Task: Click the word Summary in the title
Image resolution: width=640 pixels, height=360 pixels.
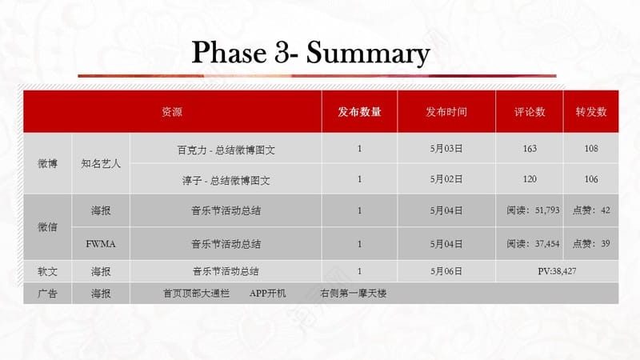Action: (x=368, y=54)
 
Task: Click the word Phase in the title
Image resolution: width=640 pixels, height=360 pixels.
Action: (x=229, y=52)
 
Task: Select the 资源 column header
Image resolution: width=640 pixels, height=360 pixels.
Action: (x=172, y=112)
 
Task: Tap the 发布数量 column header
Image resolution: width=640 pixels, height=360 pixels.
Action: (x=359, y=112)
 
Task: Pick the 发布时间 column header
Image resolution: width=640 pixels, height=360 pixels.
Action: (x=446, y=112)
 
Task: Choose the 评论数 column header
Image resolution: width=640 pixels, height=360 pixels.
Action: (x=530, y=112)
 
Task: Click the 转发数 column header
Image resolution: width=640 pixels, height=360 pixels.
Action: (x=591, y=112)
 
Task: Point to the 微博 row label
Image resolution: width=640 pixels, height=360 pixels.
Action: (x=47, y=164)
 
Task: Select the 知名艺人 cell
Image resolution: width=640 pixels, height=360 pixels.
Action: (x=101, y=164)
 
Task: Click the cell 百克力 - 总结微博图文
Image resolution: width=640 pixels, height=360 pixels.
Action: (x=226, y=150)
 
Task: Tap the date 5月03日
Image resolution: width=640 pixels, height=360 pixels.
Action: (x=446, y=149)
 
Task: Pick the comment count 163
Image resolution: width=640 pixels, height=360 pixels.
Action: (x=530, y=149)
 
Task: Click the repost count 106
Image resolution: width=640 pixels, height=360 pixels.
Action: (x=591, y=179)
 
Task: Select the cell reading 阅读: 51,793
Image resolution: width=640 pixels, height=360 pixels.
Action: (x=533, y=210)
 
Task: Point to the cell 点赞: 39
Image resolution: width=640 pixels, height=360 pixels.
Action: (x=591, y=244)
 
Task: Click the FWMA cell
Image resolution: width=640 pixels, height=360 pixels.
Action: (x=101, y=244)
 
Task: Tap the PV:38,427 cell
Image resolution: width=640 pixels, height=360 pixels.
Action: (x=557, y=271)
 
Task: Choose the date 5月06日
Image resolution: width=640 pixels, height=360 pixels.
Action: (x=446, y=271)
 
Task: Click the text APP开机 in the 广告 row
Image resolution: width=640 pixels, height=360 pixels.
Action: (x=268, y=294)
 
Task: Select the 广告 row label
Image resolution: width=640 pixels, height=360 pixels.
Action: (x=47, y=294)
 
